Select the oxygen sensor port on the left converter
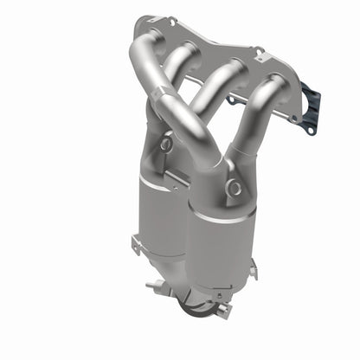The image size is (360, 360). pos(165,145)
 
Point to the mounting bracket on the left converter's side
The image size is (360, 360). pos(138,245)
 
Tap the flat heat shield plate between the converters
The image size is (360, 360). pos(179,177)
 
